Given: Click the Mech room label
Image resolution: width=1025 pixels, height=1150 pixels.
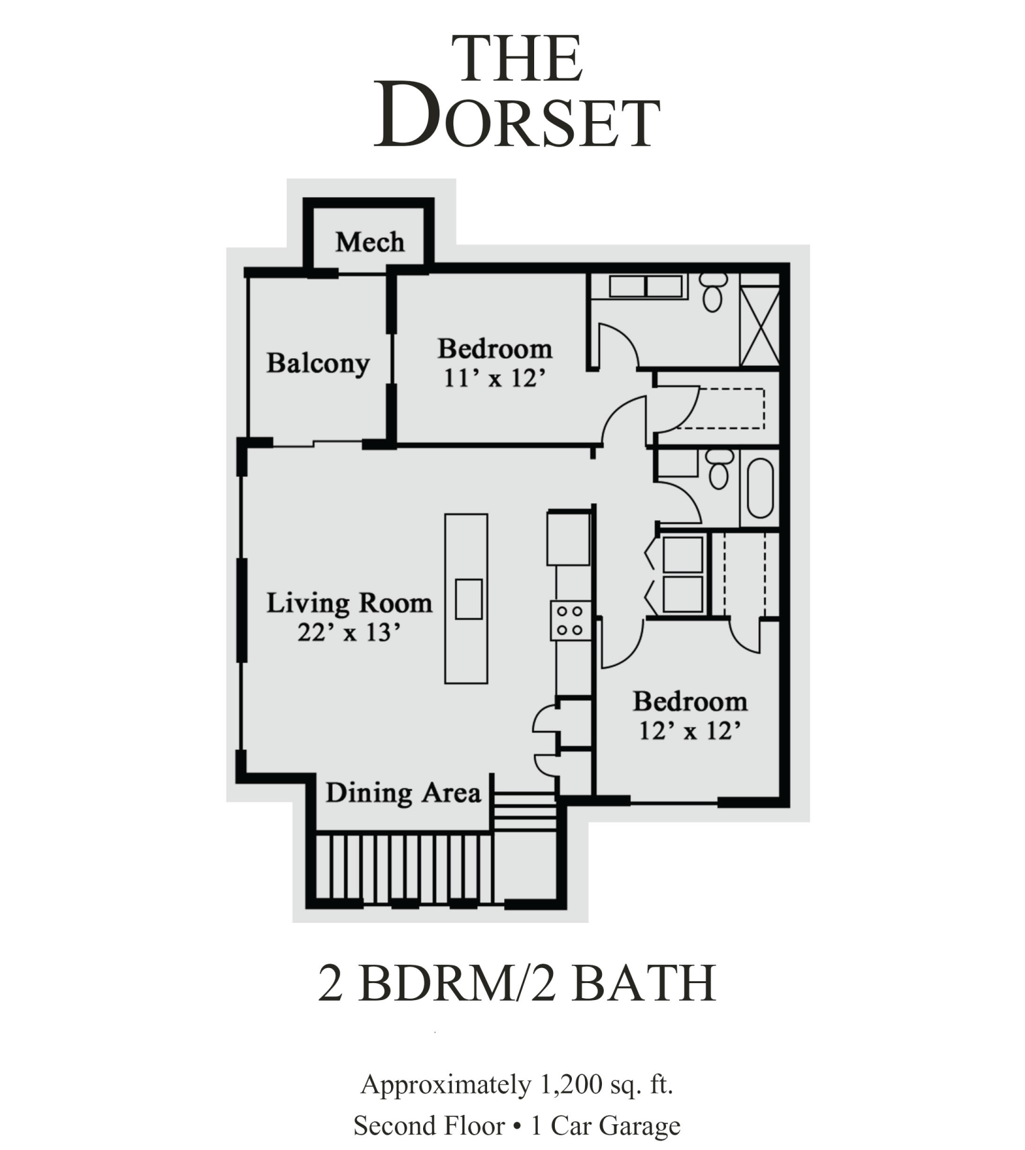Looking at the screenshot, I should pos(370,242).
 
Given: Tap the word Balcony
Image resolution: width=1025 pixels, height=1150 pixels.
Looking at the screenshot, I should pos(318,363).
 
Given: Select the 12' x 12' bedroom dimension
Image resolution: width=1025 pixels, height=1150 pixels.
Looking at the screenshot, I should pos(690,731).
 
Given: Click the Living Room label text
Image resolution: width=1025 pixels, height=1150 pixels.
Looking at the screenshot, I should pos(350,603).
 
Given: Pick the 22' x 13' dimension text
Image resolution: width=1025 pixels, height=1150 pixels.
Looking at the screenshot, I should pos(349,632).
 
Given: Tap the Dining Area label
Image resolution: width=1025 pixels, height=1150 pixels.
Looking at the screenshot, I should pos(403,793).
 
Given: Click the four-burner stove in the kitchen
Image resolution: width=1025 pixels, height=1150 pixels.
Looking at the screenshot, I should pos(571,620).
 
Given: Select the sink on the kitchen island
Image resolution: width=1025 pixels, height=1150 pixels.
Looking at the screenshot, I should pos(468,599).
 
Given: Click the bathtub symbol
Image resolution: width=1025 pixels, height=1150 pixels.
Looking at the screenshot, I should pos(760,488).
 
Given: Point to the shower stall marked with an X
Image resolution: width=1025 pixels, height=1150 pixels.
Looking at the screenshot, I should pos(760,326).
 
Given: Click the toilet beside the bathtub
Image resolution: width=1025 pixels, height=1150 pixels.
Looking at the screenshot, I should pos(719,469).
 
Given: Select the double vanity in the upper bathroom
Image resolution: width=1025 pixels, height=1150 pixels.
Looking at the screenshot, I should pos(645,287).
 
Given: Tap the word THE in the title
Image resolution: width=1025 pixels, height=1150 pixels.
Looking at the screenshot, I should pos(517,60).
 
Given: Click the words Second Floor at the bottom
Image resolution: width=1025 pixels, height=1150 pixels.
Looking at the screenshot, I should pos(429,1126).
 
